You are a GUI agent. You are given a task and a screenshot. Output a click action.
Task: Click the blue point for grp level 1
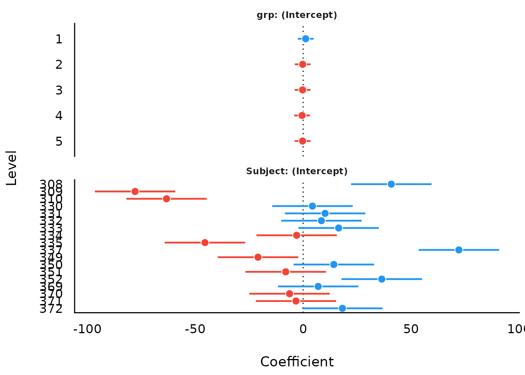tap(305, 39)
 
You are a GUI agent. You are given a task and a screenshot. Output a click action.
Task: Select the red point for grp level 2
tap(302, 64)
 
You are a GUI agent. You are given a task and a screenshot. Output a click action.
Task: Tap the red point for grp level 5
tap(302, 141)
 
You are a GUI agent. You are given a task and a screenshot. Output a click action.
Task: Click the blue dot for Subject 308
tap(391, 184)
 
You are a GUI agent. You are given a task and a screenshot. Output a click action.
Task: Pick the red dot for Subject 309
tap(135, 191)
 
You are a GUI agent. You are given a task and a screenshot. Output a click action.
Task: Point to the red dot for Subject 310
tap(166, 199)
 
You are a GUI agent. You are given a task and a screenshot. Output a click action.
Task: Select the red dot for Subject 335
tap(205, 243)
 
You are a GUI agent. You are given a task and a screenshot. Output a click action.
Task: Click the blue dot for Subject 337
tap(459, 250)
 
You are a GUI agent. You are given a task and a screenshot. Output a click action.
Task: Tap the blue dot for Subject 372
tap(342, 308)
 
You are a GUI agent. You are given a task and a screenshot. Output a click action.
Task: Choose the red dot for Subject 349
tap(258, 257)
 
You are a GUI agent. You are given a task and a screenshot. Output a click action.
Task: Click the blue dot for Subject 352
tap(382, 279)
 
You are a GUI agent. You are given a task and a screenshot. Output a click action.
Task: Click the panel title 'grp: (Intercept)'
tap(297, 15)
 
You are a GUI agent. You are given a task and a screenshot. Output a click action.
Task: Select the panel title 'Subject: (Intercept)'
tap(297, 171)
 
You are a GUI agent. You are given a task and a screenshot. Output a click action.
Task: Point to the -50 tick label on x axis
tap(195, 329)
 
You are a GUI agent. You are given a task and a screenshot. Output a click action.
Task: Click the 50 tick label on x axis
tap(411, 329)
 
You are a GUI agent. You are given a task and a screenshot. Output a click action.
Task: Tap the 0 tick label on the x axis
tap(303, 329)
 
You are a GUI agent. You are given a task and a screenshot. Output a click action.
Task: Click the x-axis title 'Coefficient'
tap(297, 362)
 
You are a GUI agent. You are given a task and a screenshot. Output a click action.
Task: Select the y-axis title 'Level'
tap(12, 168)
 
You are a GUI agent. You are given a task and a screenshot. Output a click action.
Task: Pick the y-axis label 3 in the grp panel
tap(59, 90)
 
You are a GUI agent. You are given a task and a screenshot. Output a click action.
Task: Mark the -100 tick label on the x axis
tap(87, 329)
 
